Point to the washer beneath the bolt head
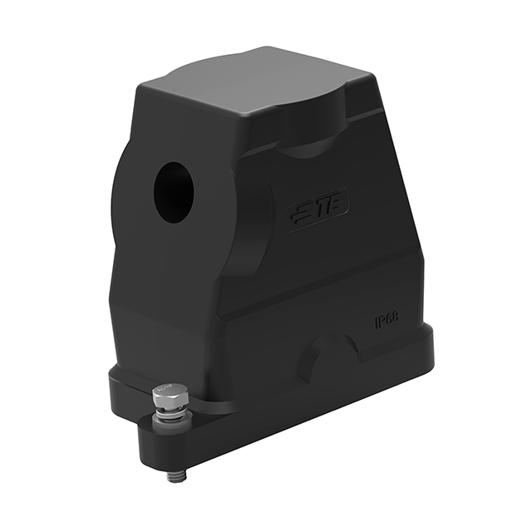click(x=170, y=411)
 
